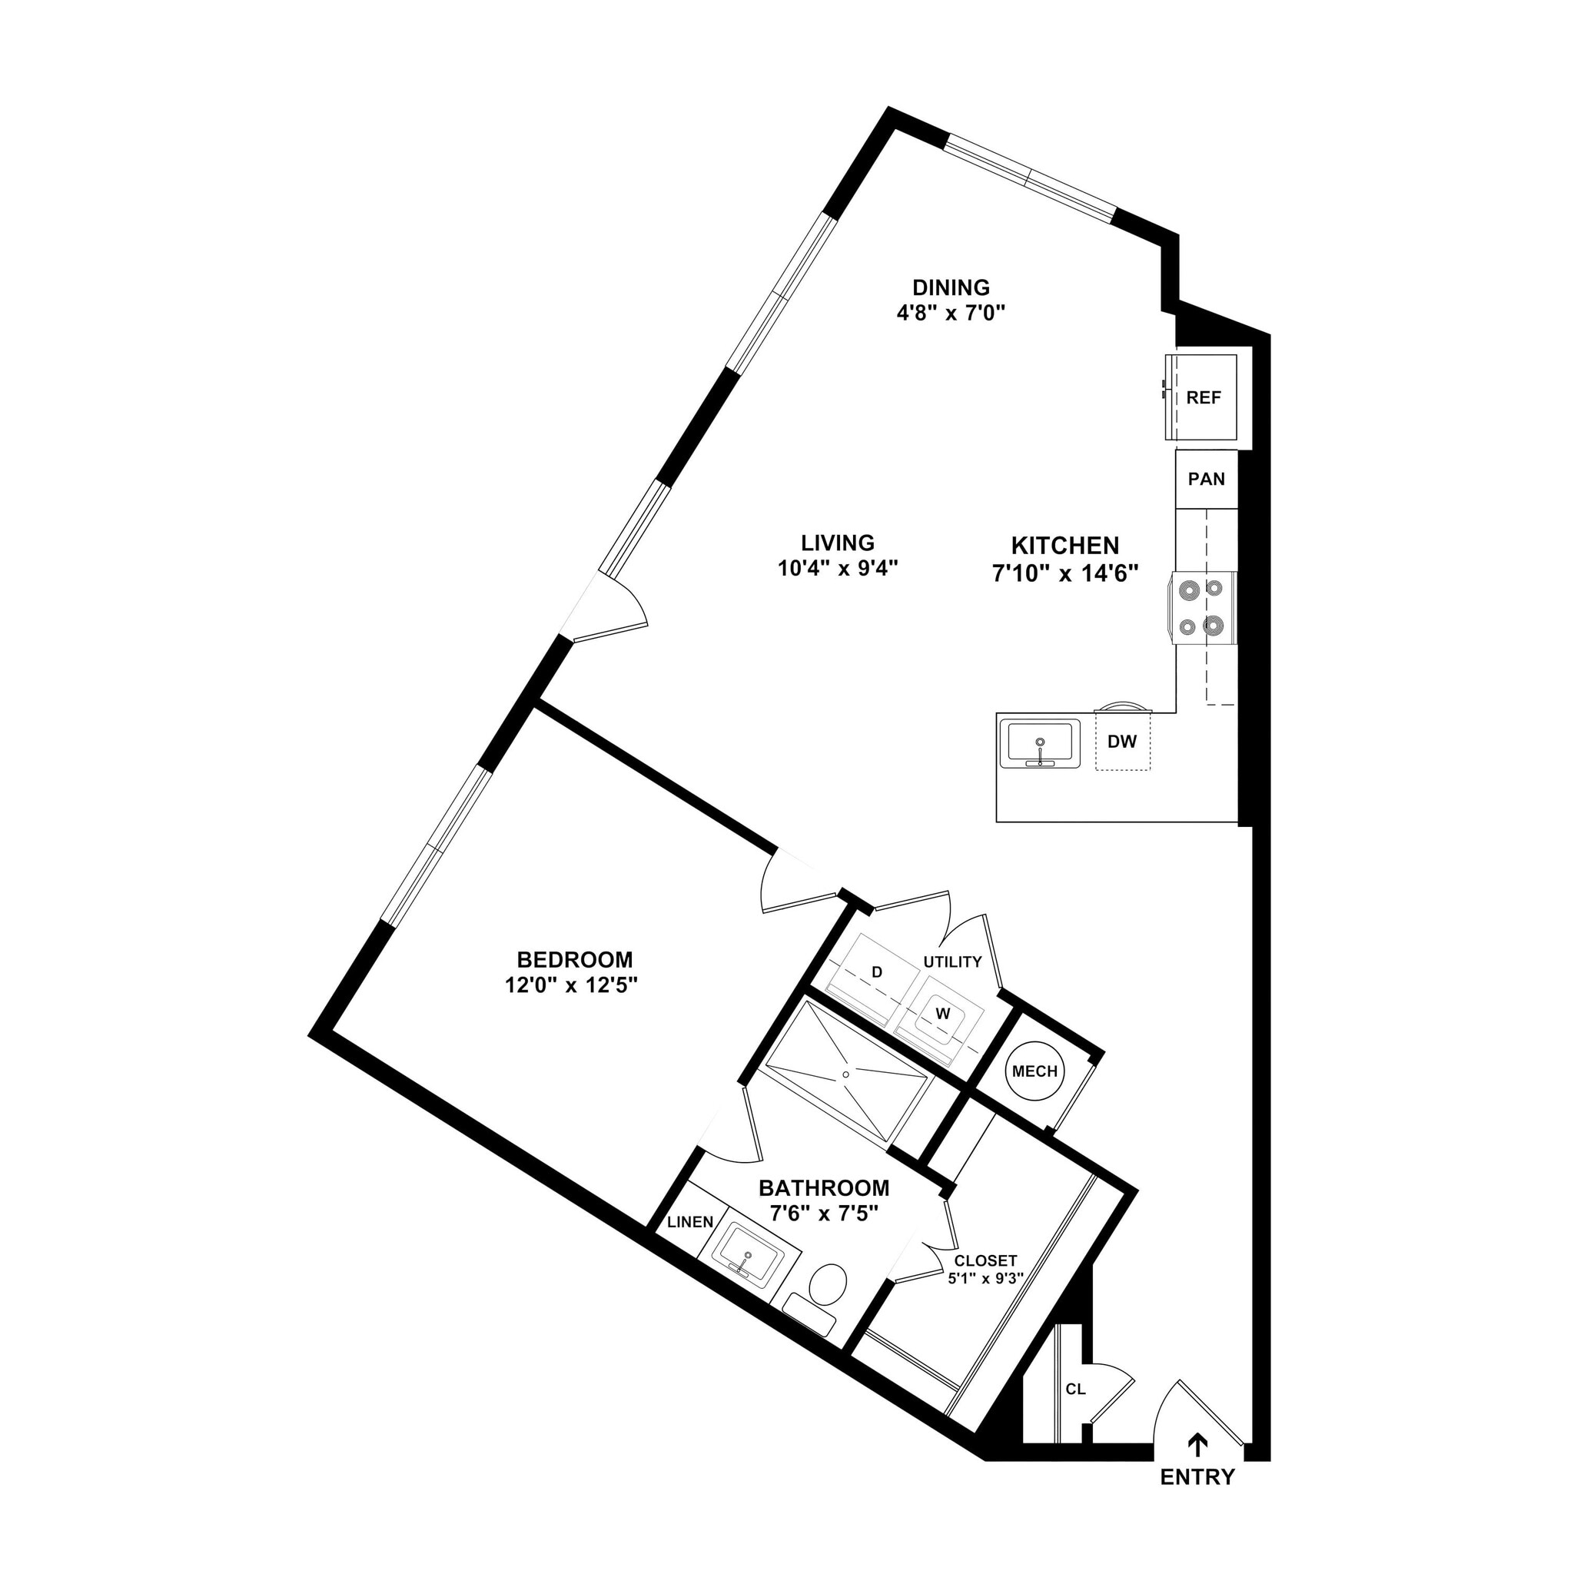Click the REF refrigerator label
click(1204, 397)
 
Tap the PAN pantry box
click(1206, 479)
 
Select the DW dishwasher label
click(1122, 742)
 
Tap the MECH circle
click(1034, 1071)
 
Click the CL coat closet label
click(1075, 1389)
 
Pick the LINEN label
click(690, 1222)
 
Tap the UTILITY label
click(951, 962)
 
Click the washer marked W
click(942, 1014)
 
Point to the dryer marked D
click(877, 972)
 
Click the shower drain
click(845, 1074)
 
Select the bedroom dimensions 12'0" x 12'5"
click(570, 986)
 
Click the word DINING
click(951, 287)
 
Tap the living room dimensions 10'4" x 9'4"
click(838, 569)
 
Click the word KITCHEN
click(1064, 545)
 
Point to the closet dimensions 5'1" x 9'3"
click(985, 1278)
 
